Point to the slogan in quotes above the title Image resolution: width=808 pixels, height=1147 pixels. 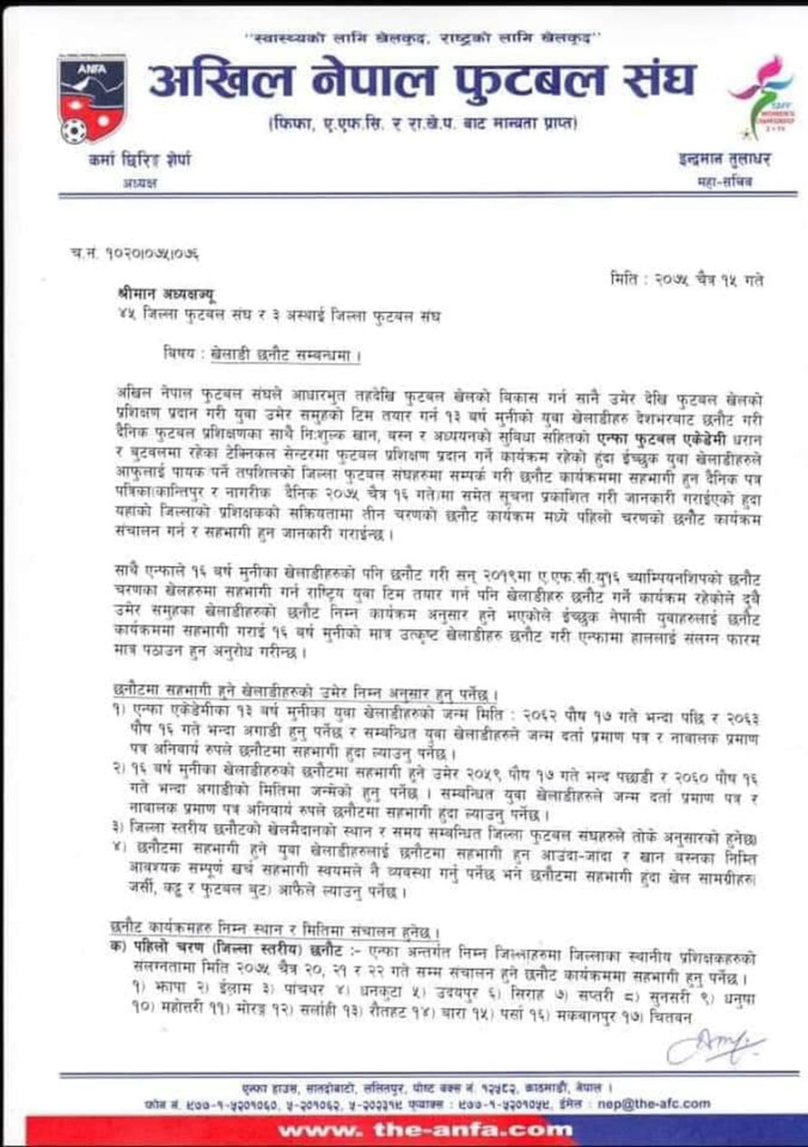(426, 40)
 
